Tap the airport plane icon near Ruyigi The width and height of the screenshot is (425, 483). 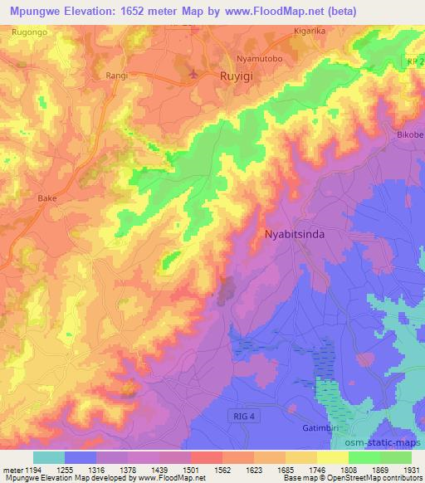point(195,75)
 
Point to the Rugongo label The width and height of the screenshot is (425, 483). point(29,31)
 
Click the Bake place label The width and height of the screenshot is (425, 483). point(46,199)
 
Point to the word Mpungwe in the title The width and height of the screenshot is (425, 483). point(38,12)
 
